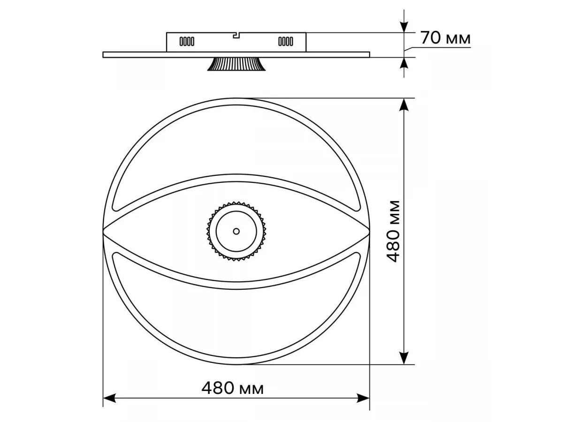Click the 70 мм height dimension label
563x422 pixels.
click(446, 38)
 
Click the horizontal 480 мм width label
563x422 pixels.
click(232, 388)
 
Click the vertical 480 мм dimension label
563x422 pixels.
click(393, 231)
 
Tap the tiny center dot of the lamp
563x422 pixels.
click(236, 231)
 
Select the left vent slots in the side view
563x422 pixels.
click(187, 41)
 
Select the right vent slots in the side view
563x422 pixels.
click(286, 41)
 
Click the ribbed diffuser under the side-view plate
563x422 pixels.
click(236, 64)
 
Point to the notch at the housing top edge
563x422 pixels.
click(236, 35)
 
